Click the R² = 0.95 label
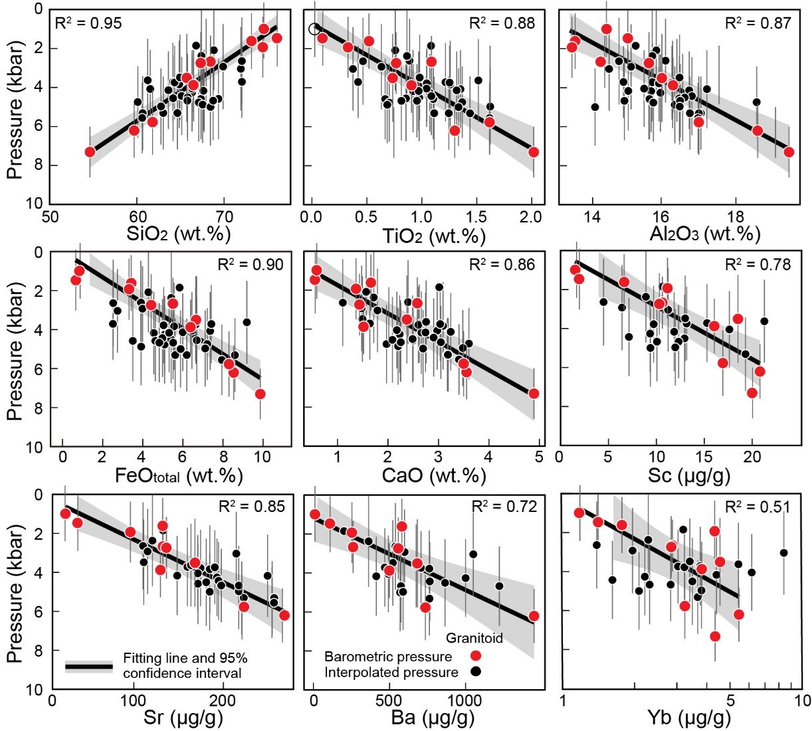(x=89, y=24)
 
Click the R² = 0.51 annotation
(x=758, y=507)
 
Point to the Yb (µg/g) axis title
(x=688, y=718)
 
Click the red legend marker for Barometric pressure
(x=475, y=656)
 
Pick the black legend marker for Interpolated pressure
(x=475, y=671)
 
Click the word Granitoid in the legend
(x=474, y=639)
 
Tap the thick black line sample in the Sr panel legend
(x=89, y=666)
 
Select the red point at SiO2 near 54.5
(x=90, y=152)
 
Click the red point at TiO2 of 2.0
(x=533, y=152)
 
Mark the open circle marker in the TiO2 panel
(x=314, y=29)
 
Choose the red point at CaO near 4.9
(x=533, y=394)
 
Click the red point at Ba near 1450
(x=533, y=616)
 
